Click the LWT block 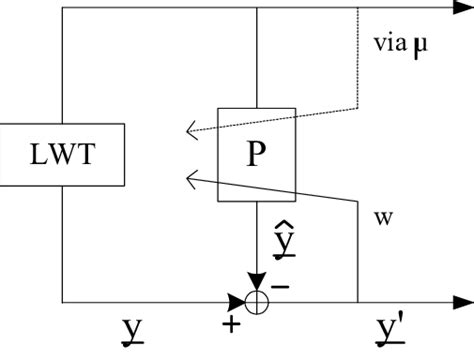click(62, 154)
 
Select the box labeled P click(257, 154)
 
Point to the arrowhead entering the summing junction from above click(257, 282)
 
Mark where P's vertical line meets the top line click(257, 9)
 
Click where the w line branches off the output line click(358, 300)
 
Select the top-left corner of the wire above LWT click(62, 9)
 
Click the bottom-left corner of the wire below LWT click(62, 300)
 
